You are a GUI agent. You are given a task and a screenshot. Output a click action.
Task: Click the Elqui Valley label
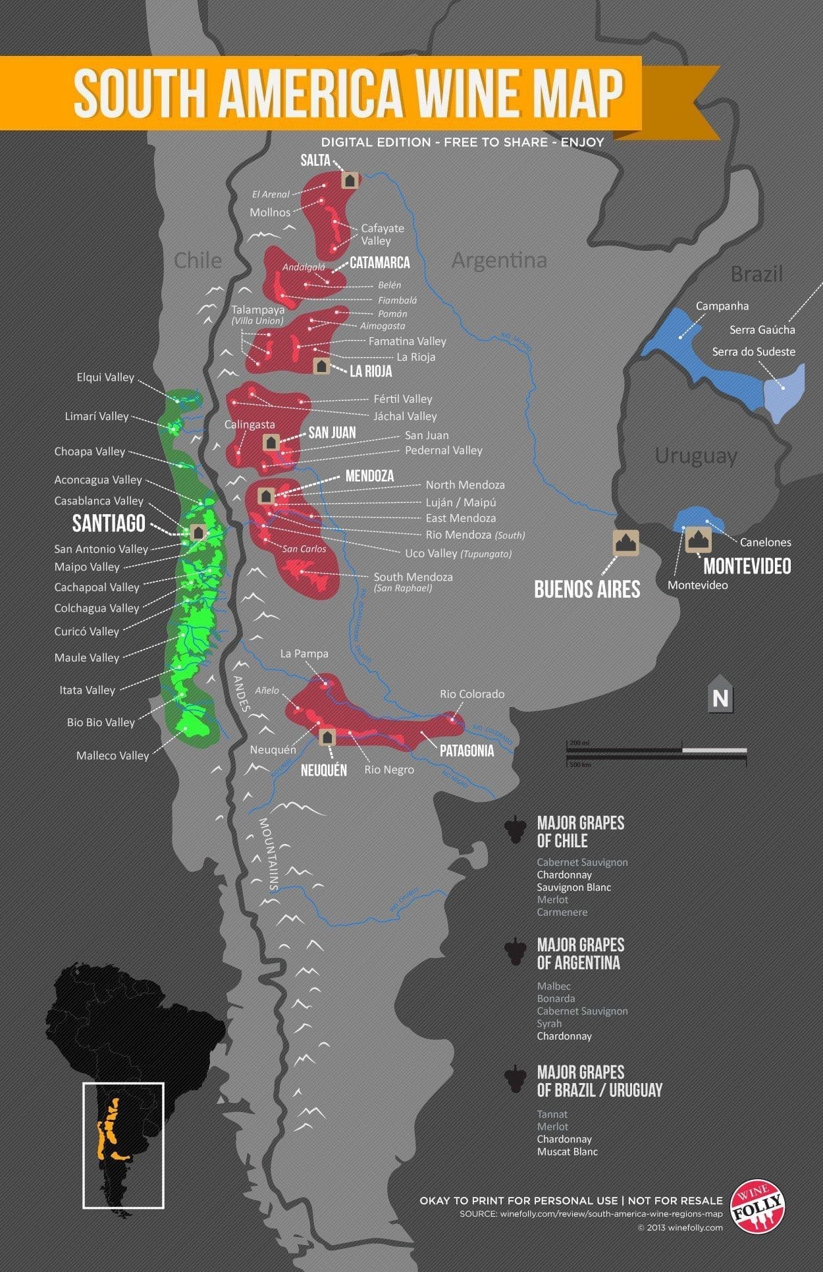click(x=105, y=377)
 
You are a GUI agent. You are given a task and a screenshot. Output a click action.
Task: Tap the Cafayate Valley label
click(x=382, y=234)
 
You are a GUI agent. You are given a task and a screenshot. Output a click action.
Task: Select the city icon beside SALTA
click(x=350, y=179)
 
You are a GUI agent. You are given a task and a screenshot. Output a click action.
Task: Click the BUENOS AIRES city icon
click(x=625, y=542)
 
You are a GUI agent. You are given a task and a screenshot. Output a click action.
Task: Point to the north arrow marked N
click(x=720, y=695)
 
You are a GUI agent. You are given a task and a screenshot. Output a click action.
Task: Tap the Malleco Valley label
click(x=113, y=755)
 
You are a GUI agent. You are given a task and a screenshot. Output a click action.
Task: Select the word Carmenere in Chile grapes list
click(x=562, y=912)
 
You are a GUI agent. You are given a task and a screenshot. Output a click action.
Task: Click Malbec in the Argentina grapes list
click(x=554, y=986)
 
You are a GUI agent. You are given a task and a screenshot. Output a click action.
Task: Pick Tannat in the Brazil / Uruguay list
click(x=552, y=1114)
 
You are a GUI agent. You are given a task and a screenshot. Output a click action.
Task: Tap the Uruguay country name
click(x=695, y=456)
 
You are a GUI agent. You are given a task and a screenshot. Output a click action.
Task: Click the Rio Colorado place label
click(x=472, y=694)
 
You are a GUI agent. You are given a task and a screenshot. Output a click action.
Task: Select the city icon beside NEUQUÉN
click(x=327, y=737)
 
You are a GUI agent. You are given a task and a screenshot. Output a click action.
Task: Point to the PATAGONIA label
click(x=466, y=751)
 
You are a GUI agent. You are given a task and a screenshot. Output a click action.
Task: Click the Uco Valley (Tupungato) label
click(x=458, y=553)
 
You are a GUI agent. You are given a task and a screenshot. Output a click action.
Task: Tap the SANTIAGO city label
click(x=109, y=523)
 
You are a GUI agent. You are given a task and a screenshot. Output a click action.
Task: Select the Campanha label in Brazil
click(x=722, y=305)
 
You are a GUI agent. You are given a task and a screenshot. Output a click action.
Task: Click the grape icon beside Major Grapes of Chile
click(x=515, y=830)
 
